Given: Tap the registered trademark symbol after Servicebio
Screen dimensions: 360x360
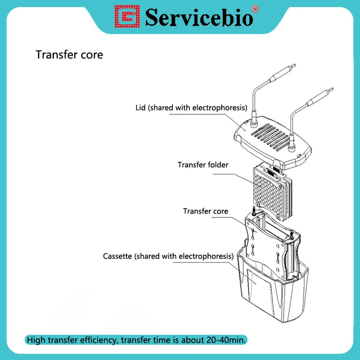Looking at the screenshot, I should tap(255, 8).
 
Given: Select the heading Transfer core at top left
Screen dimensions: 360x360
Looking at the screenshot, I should tap(69, 55).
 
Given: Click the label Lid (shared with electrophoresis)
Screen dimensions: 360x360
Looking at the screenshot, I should tap(191, 108).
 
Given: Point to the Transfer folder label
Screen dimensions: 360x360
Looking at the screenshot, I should tap(203, 165).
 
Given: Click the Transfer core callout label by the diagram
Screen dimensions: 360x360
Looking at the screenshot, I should tap(206, 211).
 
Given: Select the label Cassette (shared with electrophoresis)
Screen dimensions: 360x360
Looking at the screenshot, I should tap(168, 256).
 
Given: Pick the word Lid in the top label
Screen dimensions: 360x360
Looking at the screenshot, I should tap(141, 108).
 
